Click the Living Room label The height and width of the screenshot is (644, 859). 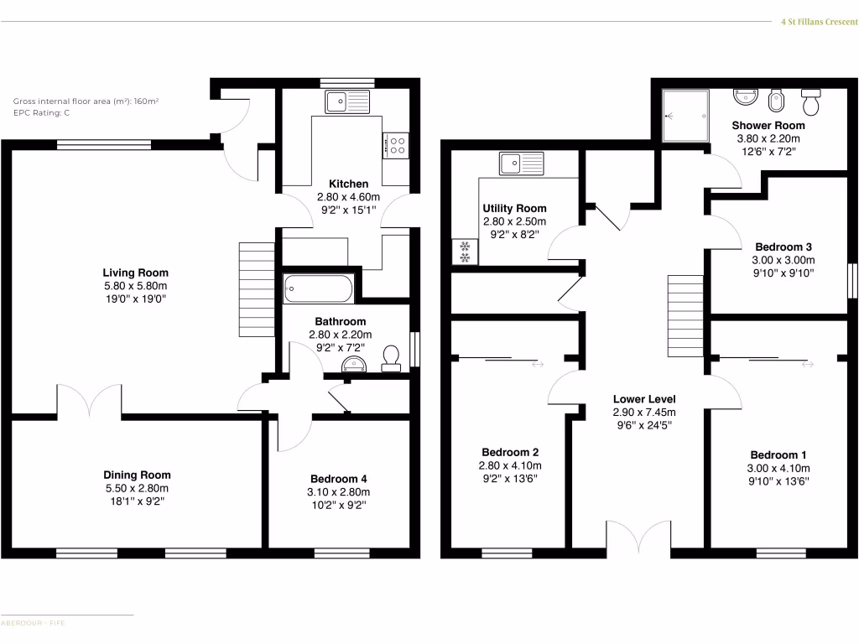(x=135, y=273)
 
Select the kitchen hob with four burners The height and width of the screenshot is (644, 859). (x=396, y=146)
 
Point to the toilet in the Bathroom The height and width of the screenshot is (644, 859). (x=391, y=359)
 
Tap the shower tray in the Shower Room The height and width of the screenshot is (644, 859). (x=685, y=117)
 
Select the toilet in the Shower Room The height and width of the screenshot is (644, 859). (x=811, y=102)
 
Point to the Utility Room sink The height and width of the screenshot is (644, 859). (x=520, y=163)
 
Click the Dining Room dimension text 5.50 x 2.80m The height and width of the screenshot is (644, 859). (x=137, y=488)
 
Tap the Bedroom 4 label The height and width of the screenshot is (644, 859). (x=340, y=478)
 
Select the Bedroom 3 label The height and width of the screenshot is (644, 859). (x=783, y=247)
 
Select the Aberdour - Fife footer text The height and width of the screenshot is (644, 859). (x=34, y=623)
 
